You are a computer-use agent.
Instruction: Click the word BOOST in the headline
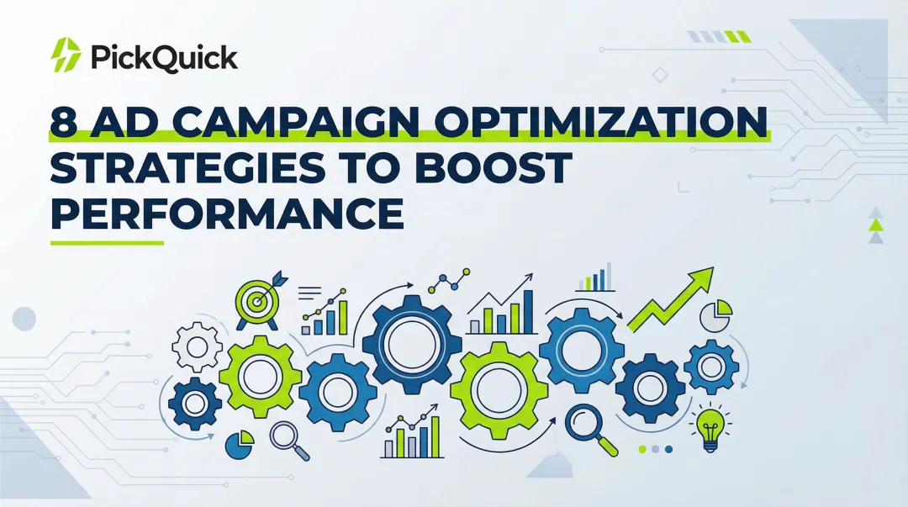point(496,169)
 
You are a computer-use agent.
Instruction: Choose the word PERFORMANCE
point(227,214)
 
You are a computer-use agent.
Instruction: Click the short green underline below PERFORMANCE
point(106,243)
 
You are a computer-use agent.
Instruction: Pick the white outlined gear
point(197,346)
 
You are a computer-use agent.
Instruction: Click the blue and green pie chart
point(240,441)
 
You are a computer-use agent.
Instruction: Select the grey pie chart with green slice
point(715,315)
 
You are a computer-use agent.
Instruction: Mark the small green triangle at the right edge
point(876,224)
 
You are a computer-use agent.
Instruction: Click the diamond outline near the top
point(660,75)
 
